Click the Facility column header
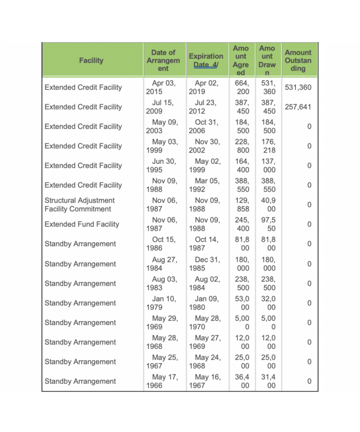point(91,60)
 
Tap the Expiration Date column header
point(205,60)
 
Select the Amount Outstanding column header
point(298,60)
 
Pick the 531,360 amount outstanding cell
point(298,87)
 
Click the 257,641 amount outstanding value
point(298,107)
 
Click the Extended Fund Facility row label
point(82,224)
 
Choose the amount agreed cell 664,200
point(242,87)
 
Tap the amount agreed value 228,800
point(242,146)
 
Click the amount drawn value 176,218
point(269,146)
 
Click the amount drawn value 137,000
point(269,166)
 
